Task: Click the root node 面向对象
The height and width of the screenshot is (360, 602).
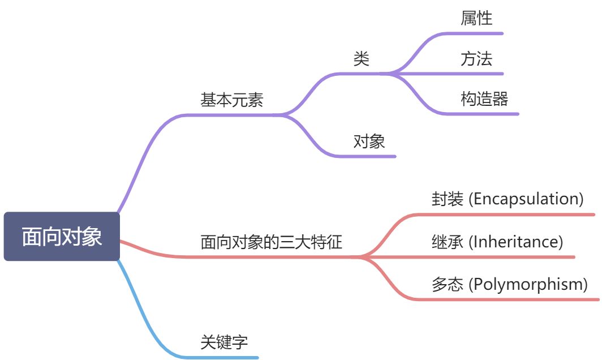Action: coord(62,237)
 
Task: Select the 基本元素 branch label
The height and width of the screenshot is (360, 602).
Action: coord(232,100)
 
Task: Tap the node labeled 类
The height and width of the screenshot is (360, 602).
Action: coord(361,59)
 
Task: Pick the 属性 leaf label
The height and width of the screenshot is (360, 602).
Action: coord(476,18)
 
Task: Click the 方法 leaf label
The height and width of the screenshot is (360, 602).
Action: coord(476,59)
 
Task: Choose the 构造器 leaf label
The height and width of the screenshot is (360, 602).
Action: coord(484,100)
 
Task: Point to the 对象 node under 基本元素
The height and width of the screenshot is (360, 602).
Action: coord(369,142)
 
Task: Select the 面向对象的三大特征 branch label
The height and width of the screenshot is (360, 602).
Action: coord(272,242)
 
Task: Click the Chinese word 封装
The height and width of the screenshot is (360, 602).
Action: coord(447,199)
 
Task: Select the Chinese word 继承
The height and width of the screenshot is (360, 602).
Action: coord(447,242)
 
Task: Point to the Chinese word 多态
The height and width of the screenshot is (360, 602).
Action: coord(447,284)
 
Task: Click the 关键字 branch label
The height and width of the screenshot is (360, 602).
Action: coord(224,342)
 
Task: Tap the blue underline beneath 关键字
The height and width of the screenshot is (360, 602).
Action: coord(226,357)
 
